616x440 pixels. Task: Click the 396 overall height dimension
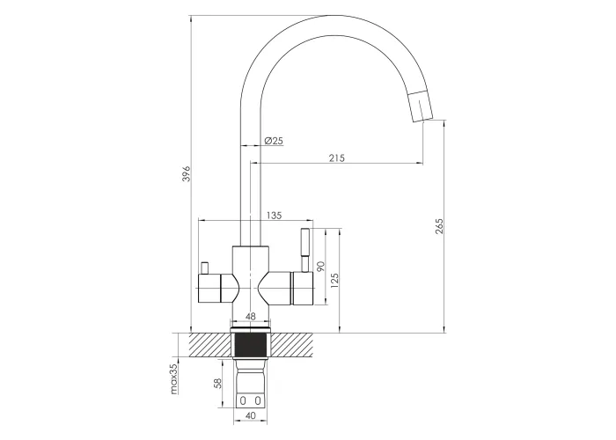pos(187,173)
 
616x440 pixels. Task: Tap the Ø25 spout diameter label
pos(274,140)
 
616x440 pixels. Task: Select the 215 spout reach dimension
pos(337,158)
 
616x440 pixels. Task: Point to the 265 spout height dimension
pos(439,226)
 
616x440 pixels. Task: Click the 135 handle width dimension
pos(275,216)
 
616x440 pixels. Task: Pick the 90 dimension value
pos(320,267)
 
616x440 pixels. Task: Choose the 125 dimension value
pos(334,281)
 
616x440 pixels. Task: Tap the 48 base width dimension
pos(250,316)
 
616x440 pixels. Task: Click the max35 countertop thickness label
pos(174,378)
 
